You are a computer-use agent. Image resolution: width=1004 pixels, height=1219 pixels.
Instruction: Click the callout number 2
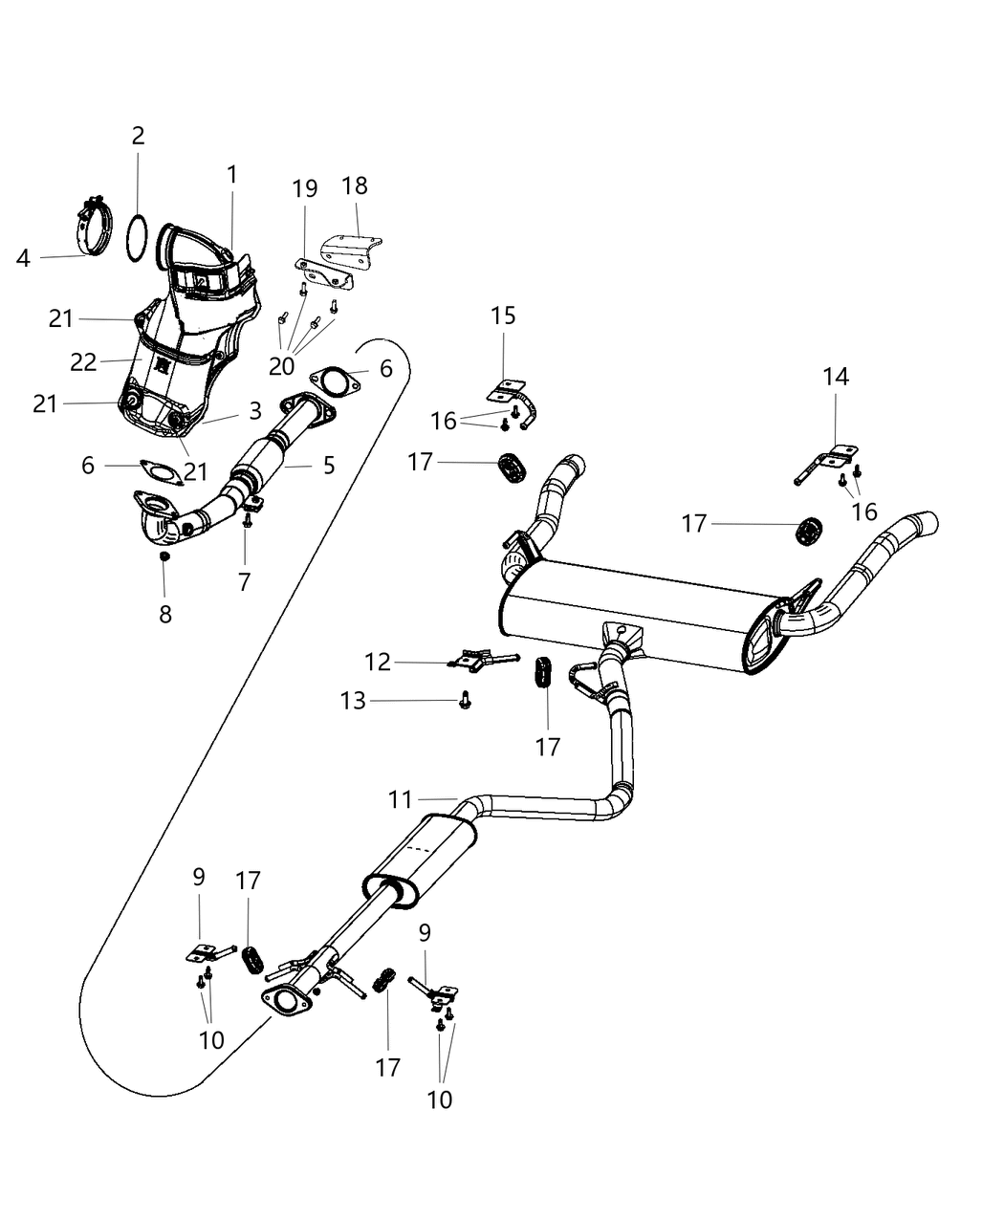tap(138, 136)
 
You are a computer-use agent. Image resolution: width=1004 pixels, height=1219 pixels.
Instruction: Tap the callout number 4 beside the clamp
tap(23, 257)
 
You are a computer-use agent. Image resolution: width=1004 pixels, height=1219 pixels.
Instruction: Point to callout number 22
tap(83, 362)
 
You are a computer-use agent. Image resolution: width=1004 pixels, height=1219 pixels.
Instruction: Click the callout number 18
tap(354, 185)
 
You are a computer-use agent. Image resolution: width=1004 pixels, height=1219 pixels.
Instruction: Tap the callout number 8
tap(165, 615)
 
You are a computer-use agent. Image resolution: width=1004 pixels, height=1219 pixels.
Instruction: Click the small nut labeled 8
tap(164, 555)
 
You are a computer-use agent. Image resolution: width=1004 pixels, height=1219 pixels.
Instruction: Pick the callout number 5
tap(329, 466)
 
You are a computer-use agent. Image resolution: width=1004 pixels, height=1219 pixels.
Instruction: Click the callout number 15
tap(503, 316)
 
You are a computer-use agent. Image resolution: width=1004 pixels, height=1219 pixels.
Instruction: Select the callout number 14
tap(835, 377)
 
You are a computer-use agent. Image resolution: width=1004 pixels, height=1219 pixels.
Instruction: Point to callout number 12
tap(378, 662)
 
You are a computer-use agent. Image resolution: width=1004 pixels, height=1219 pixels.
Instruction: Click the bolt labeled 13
tap(466, 703)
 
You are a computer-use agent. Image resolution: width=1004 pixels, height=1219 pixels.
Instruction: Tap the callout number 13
tap(353, 701)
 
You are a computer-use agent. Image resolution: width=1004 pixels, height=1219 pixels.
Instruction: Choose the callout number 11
tap(401, 798)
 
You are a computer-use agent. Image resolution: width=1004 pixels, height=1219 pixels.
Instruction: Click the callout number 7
tap(245, 581)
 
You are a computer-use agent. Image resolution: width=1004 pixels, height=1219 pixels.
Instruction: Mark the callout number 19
tap(305, 188)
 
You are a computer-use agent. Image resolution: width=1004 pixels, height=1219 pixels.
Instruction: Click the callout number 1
tap(231, 175)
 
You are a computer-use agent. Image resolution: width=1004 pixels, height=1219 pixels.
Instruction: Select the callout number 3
tap(254, 411)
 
